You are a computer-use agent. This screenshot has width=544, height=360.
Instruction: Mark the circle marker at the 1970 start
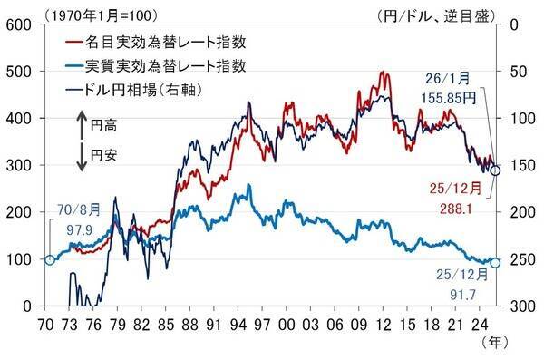50,260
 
